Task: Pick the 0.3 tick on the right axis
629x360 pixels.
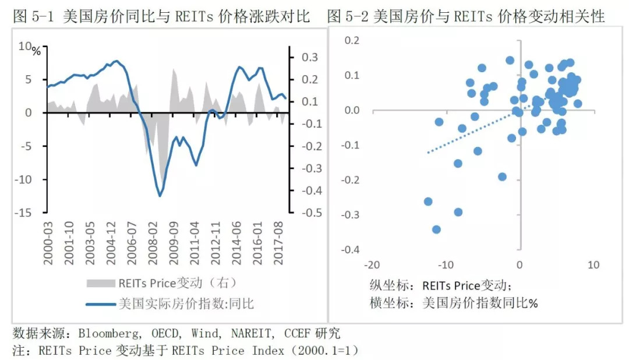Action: coord(309,57)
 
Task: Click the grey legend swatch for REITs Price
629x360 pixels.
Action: coord(100,284)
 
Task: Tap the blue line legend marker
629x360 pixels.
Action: coord(100,303)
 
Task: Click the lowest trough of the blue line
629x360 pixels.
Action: coord(160,196)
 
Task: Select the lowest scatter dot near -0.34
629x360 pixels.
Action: coord(436,230)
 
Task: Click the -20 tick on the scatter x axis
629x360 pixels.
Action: coord(370,265)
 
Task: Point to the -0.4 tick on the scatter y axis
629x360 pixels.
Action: coord(351,250)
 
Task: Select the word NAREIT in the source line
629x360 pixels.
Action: coord(252,334)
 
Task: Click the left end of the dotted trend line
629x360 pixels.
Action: coord(428,153)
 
